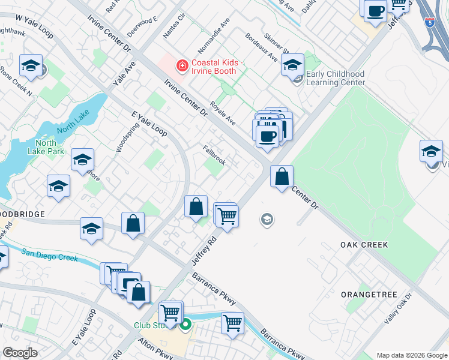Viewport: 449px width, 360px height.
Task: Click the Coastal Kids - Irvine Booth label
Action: tap(217, 68)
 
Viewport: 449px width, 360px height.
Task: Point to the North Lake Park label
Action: tap(46, 147)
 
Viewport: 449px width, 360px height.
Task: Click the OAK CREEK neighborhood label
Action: tap(364, 245)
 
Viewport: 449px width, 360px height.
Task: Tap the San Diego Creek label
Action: tap(50, 254)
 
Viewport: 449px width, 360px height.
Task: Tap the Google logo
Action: tap(20, 352)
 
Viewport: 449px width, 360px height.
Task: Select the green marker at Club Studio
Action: tap(186, 326)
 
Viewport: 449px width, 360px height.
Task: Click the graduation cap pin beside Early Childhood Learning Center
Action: tap(292, 67)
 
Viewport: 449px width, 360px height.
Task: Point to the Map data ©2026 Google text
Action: tap(412, 355)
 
